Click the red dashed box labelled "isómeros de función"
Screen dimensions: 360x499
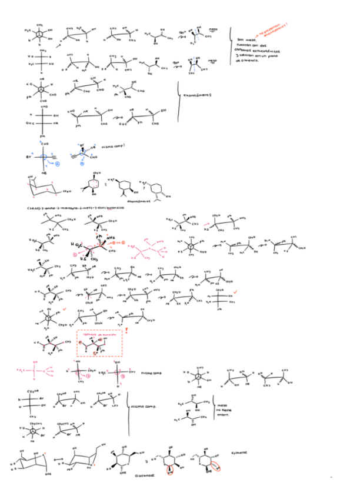coord(99,342)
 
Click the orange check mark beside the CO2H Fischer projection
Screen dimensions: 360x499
coord(235,291)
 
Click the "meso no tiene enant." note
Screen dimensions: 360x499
coord(222,408)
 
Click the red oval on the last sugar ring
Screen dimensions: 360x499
coord(215,465)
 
